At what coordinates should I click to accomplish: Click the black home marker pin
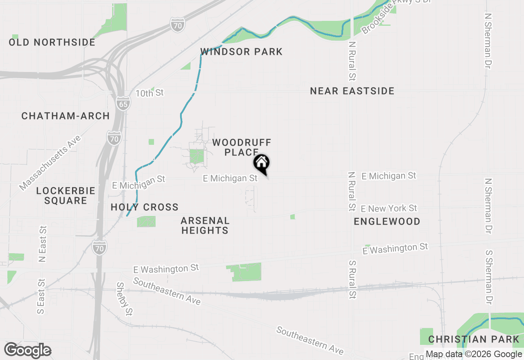261,164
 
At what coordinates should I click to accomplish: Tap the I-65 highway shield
123,102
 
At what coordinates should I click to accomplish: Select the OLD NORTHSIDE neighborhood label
52,43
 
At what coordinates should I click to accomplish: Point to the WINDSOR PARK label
241,52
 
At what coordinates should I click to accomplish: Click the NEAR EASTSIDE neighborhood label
352,91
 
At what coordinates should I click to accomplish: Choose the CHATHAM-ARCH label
65,116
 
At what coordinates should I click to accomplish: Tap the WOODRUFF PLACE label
242,147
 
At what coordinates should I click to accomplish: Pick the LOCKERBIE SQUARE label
65,196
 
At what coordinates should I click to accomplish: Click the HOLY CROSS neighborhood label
145,207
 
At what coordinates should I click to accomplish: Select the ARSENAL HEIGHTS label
205,226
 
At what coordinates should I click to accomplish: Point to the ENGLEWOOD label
387,222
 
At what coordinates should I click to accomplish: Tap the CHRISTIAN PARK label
474,340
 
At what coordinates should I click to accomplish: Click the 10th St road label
149,93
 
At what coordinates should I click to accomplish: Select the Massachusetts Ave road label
50,163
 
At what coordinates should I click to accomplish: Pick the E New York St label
389,209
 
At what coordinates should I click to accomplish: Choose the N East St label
42,243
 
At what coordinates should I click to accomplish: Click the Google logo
27,351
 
